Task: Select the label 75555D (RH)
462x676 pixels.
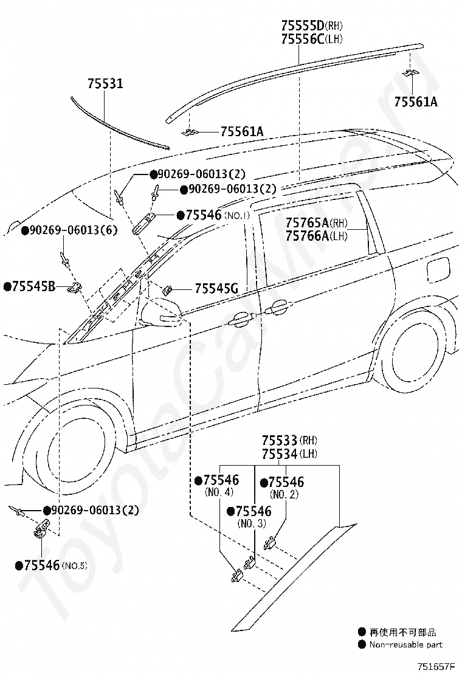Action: (x=312, y=25)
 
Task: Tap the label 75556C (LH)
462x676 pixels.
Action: (x=312, y=39)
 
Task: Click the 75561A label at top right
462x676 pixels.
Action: (x=415, y=102)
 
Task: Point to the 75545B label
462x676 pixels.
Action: (x=29, y=286)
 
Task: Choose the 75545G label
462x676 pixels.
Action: (x=216, y=288)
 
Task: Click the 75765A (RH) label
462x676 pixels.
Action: (x=316, y=222)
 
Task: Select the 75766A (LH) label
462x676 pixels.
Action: (x=316, y=236)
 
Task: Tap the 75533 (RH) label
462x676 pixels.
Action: (x=289, y=441)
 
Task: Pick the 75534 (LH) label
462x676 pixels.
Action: (x=289, y=454)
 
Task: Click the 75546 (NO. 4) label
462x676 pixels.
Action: (x=217, y=486)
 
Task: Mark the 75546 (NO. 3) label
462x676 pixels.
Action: (x=249, y=517)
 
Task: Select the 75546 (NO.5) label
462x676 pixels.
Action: (x=51, y=565)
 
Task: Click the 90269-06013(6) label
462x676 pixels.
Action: (x=69, y=230)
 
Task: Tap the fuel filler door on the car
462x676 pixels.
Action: (x=438, y=270)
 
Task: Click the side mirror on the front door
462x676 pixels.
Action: (x=161, y=312)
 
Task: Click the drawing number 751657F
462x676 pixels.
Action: (x=435, y=666)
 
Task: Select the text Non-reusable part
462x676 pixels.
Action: (x=405, y=644)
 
